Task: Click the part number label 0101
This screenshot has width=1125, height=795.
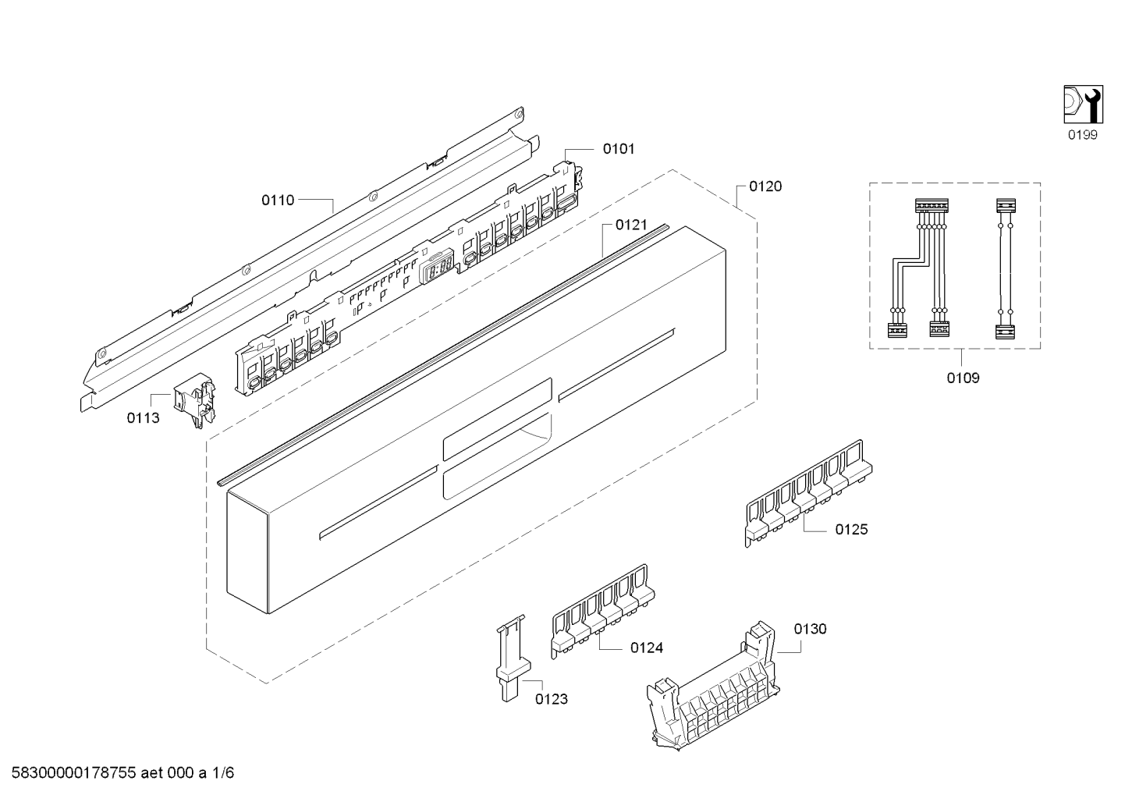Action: coord(618,148)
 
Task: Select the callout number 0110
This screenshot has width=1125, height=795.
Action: coord(278,201)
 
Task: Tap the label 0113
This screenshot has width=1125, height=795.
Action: coord(143,418)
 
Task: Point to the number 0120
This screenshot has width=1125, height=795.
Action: coord(765,186)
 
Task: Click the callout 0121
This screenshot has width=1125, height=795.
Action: coord(631,225)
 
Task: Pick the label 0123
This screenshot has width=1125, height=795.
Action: coord(552,699)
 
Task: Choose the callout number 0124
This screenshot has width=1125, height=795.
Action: coord(648,648)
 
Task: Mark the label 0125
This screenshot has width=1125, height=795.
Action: coord(851,530)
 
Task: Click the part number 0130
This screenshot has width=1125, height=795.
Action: coord(811,629)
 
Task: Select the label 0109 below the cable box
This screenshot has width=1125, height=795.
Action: coord(964,378)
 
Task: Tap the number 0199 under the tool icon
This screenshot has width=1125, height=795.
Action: coord(1083,136)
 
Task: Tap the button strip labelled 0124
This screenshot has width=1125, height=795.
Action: coord(603,612)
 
